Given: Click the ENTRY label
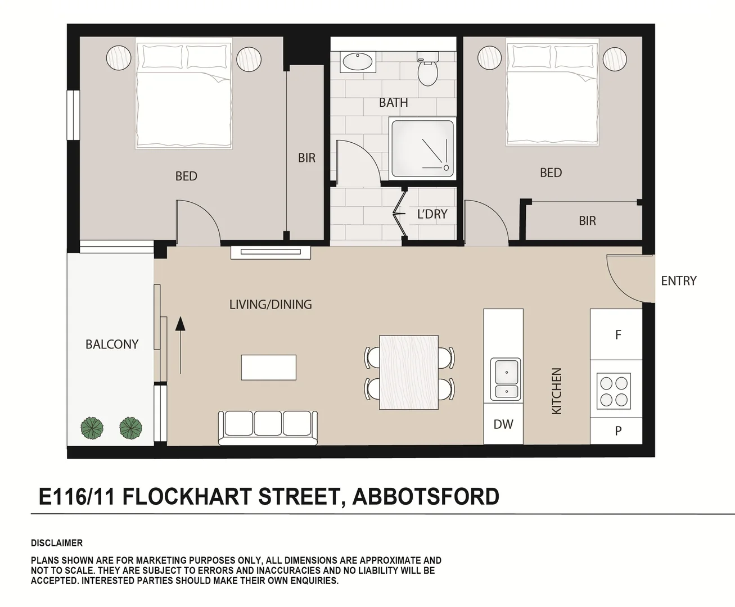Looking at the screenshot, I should tap(678, 280).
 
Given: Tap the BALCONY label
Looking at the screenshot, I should tap(111, 344).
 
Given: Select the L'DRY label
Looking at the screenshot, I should tap(432, 214).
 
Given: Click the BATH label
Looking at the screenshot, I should tap(393, 102).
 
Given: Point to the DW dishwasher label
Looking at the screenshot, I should tap(503, 424).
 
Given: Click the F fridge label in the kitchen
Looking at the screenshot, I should tap(617, 335).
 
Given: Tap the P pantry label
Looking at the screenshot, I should tap(617, 431).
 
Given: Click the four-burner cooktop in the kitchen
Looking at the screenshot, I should tap(614, 391).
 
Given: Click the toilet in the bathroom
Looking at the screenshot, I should tap(427, 70).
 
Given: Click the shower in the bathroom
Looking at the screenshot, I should tap(422, 149).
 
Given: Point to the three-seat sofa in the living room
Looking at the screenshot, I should tap(268, 427).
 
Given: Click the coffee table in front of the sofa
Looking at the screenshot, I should tap(268, 367).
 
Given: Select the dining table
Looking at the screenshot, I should tap(409, 373).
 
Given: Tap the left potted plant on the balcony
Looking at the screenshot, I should tap(92, 428).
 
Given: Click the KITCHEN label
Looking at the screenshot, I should tap(556, 391).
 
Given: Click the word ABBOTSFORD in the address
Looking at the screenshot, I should tap(426, 497).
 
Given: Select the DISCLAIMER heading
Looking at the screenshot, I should tap(57, 543).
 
